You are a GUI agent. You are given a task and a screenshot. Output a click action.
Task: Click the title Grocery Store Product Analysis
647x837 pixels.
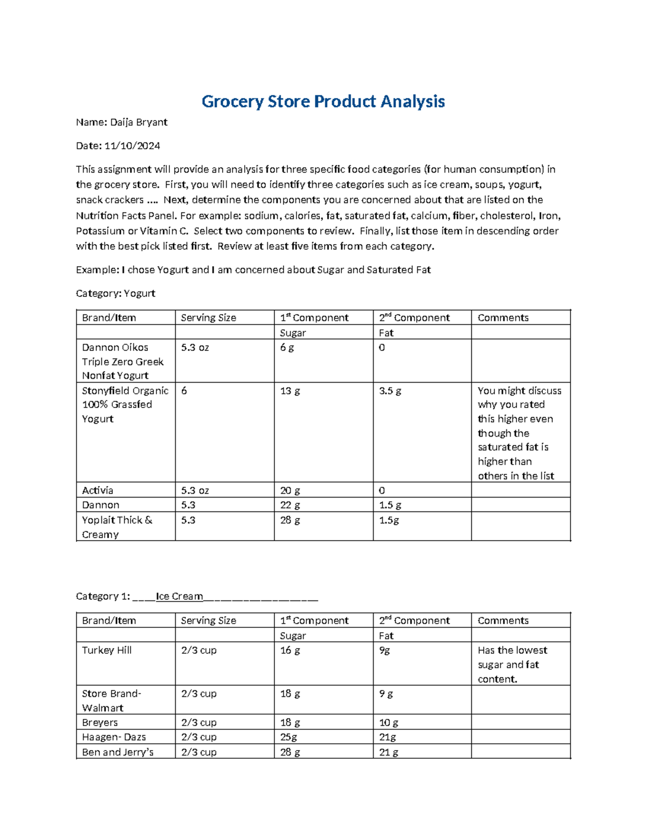(323, 101)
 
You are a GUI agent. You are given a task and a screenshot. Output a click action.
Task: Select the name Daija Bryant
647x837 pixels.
(139, 122)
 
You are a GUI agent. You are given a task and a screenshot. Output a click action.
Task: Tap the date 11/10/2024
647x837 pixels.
(132, 146)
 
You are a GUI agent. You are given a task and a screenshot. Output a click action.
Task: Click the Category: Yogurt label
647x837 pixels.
(115, 293)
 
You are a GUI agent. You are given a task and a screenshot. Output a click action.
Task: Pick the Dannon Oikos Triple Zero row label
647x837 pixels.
(122, 361)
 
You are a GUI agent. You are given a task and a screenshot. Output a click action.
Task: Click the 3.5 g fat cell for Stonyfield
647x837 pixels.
(390, 391)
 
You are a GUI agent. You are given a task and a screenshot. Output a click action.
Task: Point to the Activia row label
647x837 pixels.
(98, 490)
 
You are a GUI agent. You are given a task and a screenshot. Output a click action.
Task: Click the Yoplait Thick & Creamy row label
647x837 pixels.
(117, 527)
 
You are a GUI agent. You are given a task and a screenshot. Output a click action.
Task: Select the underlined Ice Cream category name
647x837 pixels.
(179, 596)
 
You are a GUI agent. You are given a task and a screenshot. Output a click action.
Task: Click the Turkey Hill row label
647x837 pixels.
(107, 651)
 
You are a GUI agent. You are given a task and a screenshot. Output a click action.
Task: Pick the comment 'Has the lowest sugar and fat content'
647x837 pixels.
(512, 665)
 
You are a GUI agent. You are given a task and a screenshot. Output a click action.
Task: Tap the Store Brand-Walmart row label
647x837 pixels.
(111, 701)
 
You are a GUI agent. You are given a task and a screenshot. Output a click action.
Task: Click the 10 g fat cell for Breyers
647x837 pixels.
(388, 723)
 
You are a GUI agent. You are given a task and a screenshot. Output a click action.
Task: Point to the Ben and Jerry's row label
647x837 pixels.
(118, 752)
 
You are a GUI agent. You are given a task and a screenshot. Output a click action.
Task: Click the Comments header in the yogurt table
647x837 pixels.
(503, 317)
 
